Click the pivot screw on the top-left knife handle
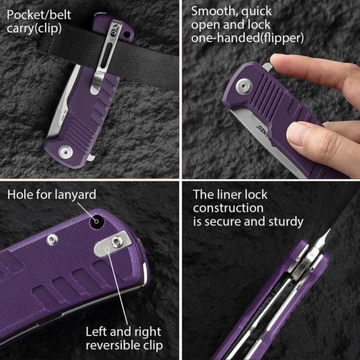point(66,152)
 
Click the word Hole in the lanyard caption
point(20,195)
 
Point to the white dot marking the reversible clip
point(109,251)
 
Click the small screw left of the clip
point(53,239)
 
